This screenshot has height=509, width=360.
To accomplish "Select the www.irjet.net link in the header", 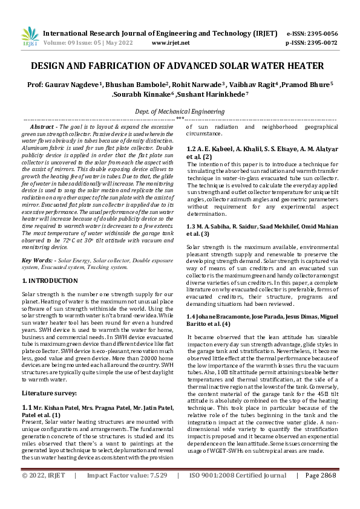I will [171, 43].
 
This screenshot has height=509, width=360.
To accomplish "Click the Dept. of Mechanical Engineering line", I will [180, 112].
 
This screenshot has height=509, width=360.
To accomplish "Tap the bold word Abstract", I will [42, 127].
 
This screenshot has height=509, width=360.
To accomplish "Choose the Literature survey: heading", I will [48, 376].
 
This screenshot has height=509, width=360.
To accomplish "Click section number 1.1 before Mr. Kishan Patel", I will [27, 391].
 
